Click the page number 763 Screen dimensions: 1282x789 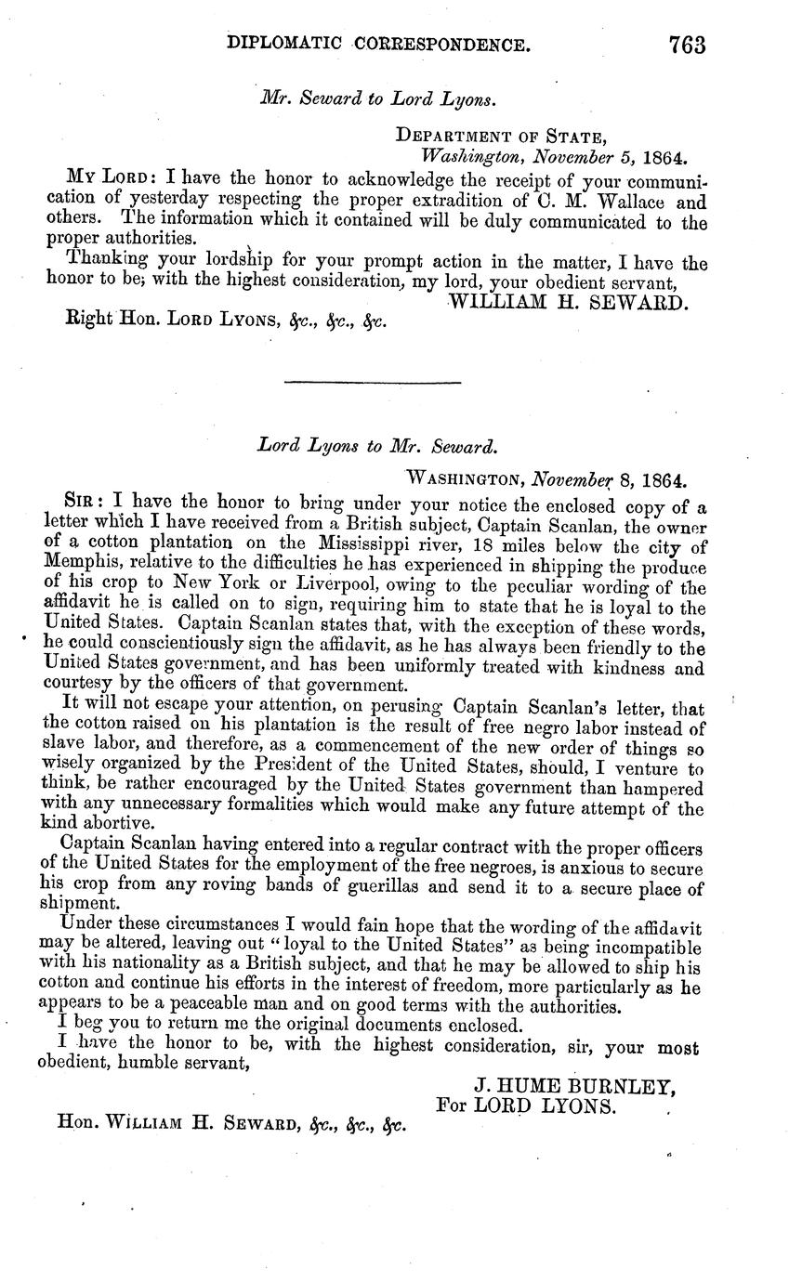686,45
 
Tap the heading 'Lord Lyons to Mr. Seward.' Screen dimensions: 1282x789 377,445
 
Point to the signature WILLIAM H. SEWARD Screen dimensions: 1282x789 568,302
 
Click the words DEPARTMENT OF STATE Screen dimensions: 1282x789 502,136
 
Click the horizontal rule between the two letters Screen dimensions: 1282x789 371,383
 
